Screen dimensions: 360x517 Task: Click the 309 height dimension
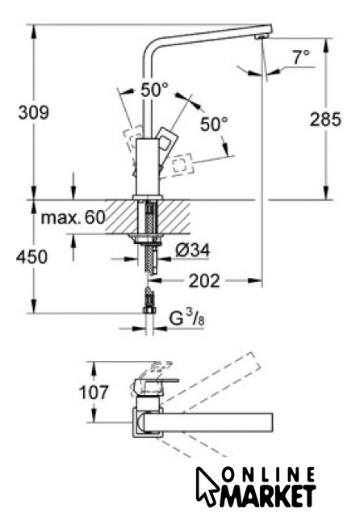tap(34, 112)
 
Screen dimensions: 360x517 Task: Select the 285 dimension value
tap(325, 119)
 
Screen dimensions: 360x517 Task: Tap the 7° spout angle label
tap(301, 57)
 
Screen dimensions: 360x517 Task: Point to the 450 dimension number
tap(31, 257)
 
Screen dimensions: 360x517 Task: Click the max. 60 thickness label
tap(73, 217)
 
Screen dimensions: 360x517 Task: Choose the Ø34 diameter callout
tap(192, 251)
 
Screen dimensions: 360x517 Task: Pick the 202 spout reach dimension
tap(204, 281)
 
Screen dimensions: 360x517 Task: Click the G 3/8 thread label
tap(186, 318)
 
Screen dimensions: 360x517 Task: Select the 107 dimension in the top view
tap(94, 393)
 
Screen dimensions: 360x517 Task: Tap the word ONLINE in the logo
tap(268, 475)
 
